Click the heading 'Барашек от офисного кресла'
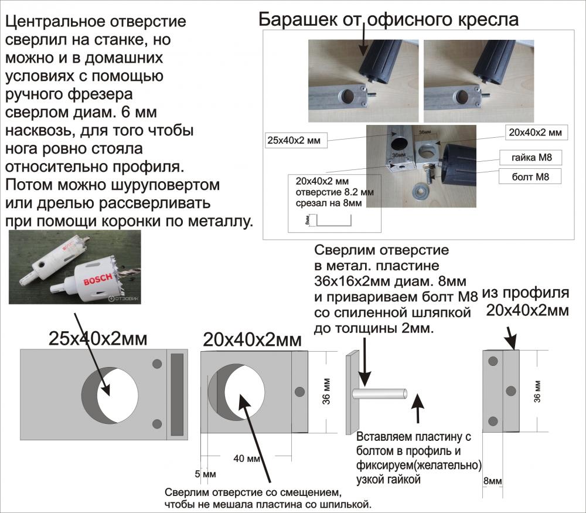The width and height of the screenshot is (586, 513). (389, 19)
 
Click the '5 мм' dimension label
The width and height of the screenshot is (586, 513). (206, 473)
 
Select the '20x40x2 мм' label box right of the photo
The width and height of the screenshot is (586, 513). (534, 133)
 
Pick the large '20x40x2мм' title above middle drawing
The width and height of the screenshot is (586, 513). (252, 339)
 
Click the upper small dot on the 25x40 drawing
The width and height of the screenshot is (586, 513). (156, 364)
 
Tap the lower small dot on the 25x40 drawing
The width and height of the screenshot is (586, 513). (156, 423)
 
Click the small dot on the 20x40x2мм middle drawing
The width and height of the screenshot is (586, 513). (299, 391)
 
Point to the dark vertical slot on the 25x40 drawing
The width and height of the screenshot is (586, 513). (176, 394)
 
